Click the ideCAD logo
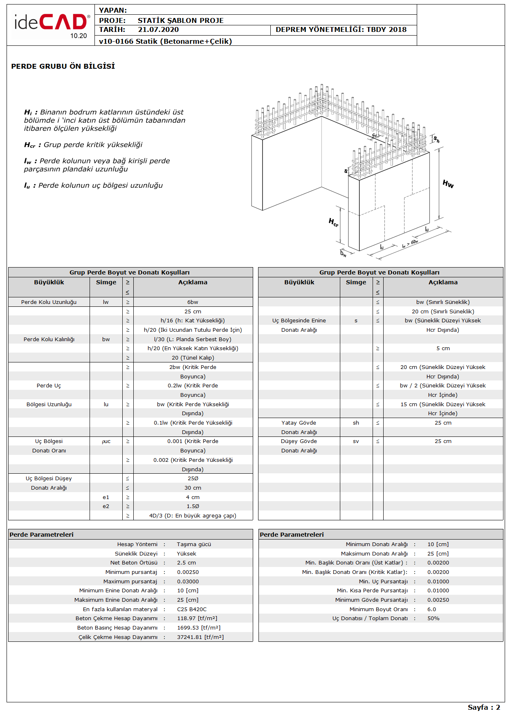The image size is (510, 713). coord(51,24)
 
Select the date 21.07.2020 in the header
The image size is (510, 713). coord(158,29)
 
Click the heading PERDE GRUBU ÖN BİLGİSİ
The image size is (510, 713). coord(63,66)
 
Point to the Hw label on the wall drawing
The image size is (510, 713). coord(448,184)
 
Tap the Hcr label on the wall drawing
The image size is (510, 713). coord(333,223)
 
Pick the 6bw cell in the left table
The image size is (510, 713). coord(193,302)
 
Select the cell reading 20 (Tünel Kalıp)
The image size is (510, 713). coord(193,358)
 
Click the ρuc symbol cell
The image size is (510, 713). coord(106,441)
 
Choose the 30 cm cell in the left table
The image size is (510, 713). coord(193,488)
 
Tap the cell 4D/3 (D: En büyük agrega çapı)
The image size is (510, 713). coord(193,516)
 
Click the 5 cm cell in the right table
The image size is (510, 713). coord(443,349)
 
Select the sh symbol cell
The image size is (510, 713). coord(356,423)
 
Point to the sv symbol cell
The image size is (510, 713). coord(356,441)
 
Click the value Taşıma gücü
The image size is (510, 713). coord(194,544)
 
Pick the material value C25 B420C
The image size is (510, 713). coord(192,610)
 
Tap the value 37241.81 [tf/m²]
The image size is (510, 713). coord(200,637)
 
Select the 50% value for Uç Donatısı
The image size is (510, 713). coord(433,619)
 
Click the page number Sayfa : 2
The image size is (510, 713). coord(483,707)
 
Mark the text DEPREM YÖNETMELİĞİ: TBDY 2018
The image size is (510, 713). coord(341,29)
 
